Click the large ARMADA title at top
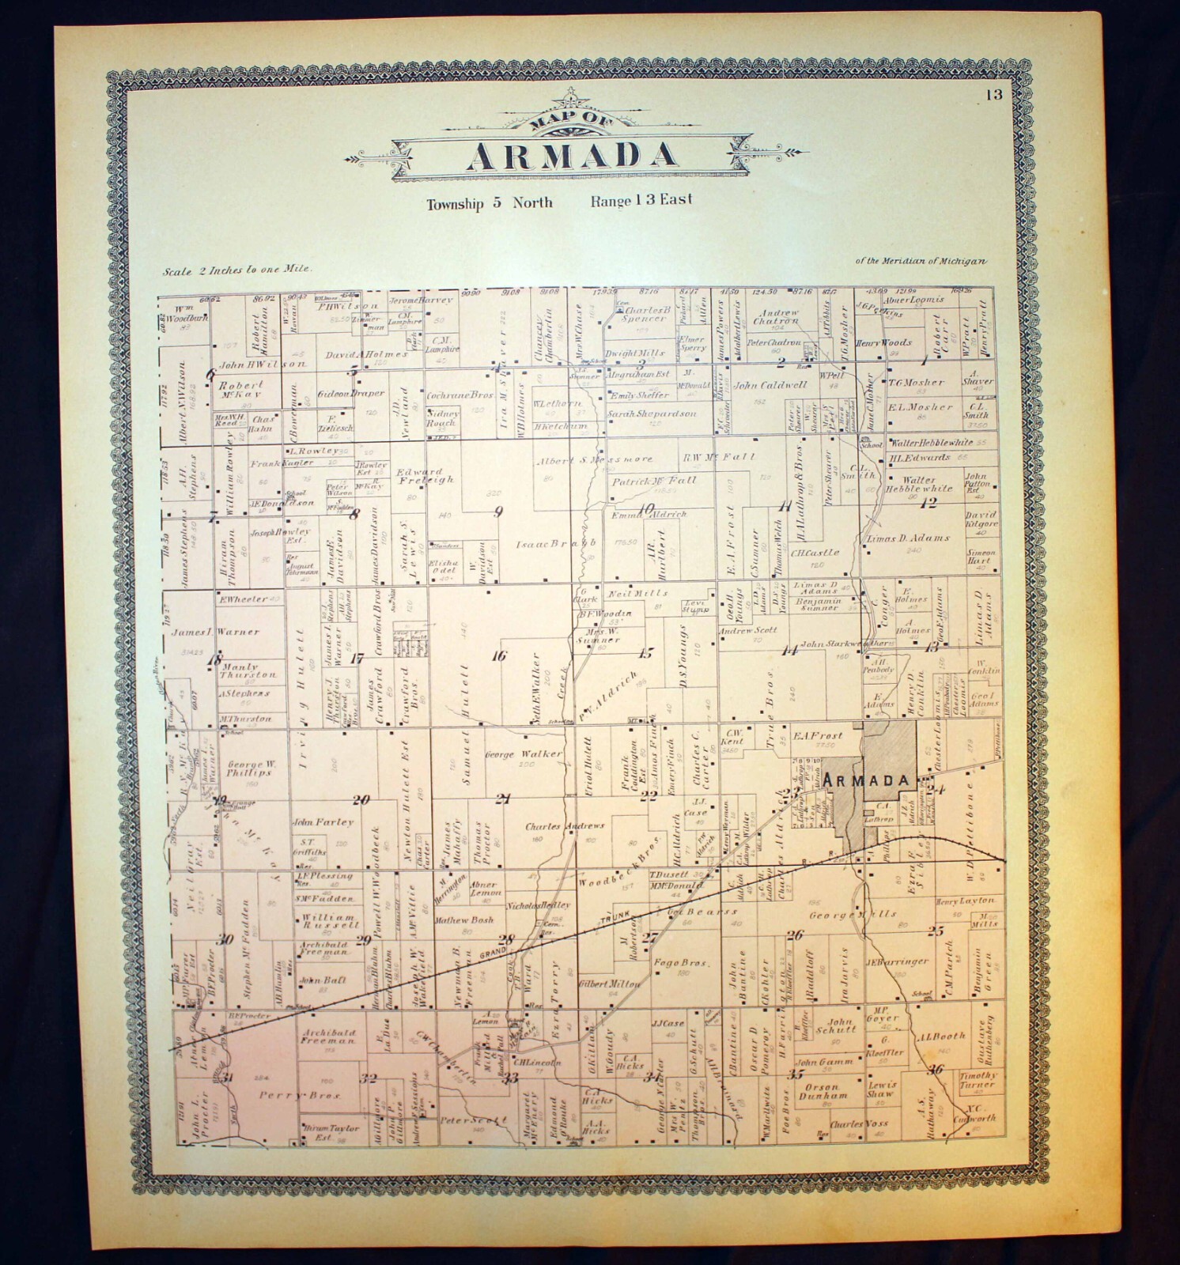tap(572, 155)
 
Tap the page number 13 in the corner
tap(994, 96)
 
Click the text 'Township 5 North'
tap(489, 203)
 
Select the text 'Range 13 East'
tap(641, 200)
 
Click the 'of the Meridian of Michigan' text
tap(921, 262)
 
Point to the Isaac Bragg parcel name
tap(556, 545)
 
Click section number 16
tap(498, 655)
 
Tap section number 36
tap(938, 1070)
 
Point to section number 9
tap(497, 512)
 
